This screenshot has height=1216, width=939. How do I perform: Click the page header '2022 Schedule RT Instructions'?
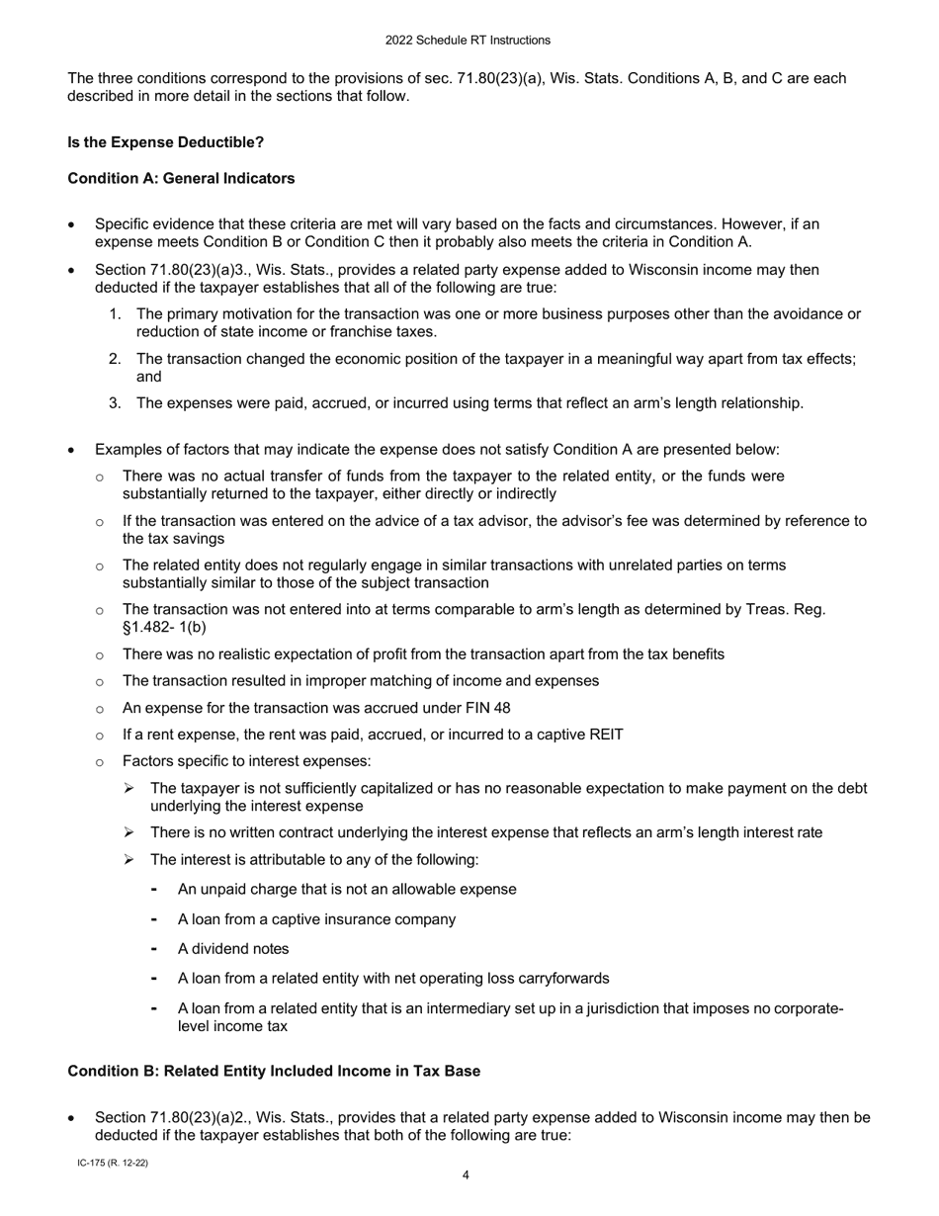(468, 41)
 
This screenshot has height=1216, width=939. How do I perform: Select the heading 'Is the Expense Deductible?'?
(165, 142)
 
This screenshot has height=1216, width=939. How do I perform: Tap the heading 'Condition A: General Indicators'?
(181, 179)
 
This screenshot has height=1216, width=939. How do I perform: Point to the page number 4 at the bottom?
(466, 1175)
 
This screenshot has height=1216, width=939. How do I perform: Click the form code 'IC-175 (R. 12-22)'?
(113, 1164)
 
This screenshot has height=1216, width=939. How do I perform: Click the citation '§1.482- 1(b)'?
(164, 628)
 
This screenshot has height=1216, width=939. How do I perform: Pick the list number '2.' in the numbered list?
(116, 359)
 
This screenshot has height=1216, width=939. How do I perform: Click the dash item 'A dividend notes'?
(233, 949)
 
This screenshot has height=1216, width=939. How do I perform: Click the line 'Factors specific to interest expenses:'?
(246, 761)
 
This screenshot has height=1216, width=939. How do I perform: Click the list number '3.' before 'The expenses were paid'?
(116, 403)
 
